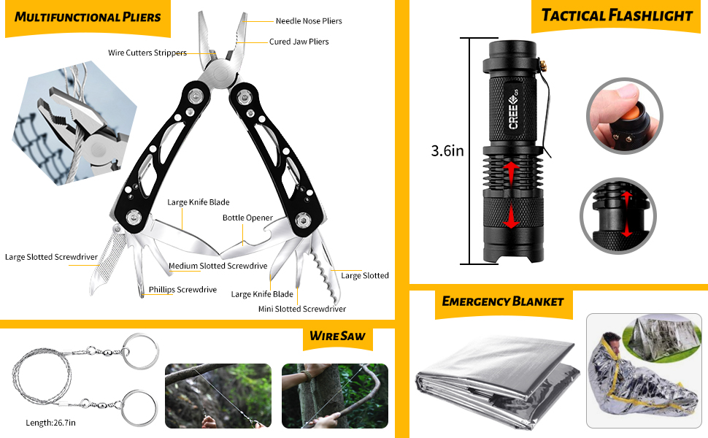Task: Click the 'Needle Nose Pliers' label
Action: pos(309,21)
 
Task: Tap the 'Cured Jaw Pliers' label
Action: pos(299,42)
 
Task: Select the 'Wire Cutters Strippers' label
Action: pos(147,53)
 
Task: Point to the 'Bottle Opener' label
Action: pos(247,218)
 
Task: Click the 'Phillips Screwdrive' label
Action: pos(182,290)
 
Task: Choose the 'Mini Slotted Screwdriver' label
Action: pos(301,309)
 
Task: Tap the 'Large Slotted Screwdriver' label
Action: pos(51,257)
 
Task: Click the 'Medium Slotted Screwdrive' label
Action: pos(218,266)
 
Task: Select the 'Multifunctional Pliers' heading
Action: pos(88,17)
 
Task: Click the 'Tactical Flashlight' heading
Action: pos(617,15)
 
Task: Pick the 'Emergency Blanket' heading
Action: pos(503,301)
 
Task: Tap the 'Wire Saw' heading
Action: pos(337,337)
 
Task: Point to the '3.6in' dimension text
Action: pos(447,152)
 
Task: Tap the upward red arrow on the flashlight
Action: pos(512,173)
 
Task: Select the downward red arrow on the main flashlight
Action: pos(512,215)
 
